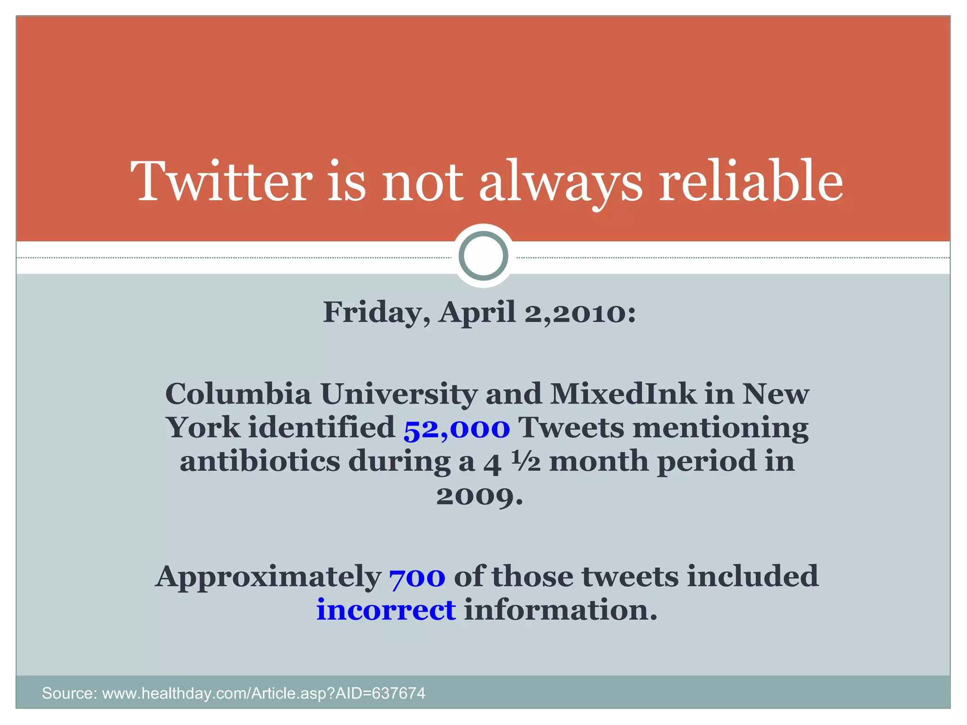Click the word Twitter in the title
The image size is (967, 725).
click(221, 181)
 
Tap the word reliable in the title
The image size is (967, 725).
click(751, 181)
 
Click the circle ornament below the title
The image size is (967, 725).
click(483, 256)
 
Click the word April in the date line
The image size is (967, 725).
click(477, 313)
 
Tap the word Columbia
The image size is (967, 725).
click(238, 394)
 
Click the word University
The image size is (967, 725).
click(399, 395)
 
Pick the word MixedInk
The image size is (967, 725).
click(623, 394)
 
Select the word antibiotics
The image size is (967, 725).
click(260, 461)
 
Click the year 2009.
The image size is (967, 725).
click(479, 496)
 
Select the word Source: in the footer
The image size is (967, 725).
click(69, 693)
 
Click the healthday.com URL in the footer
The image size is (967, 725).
click(263, 693)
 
